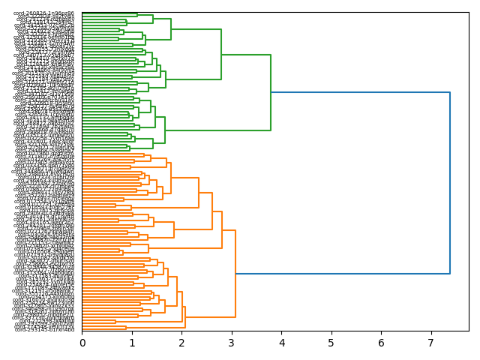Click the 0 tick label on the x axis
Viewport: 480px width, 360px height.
point(82,343)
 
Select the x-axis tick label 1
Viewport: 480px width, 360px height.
point(132,343)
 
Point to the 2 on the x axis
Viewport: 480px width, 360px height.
point(182,343)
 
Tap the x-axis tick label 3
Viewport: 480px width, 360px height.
point(232,343)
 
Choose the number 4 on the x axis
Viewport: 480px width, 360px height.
point(281,343)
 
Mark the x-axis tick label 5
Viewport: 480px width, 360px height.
point(331,343)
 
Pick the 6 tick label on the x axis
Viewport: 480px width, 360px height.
point(381,343)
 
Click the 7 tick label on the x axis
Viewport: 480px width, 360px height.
point(430,343)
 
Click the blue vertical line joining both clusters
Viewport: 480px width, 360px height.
point(450,183)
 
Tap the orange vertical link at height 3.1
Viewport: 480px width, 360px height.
point(235,274)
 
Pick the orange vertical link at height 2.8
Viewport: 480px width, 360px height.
point(222,229)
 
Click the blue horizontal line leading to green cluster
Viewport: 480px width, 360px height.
point(360,92)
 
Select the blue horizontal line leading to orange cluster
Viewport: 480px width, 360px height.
point(343,274)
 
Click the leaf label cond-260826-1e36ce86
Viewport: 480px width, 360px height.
point(44,13)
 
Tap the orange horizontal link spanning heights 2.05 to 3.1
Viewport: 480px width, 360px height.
point(210,317)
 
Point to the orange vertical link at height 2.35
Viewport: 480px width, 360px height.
point(199,193)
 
